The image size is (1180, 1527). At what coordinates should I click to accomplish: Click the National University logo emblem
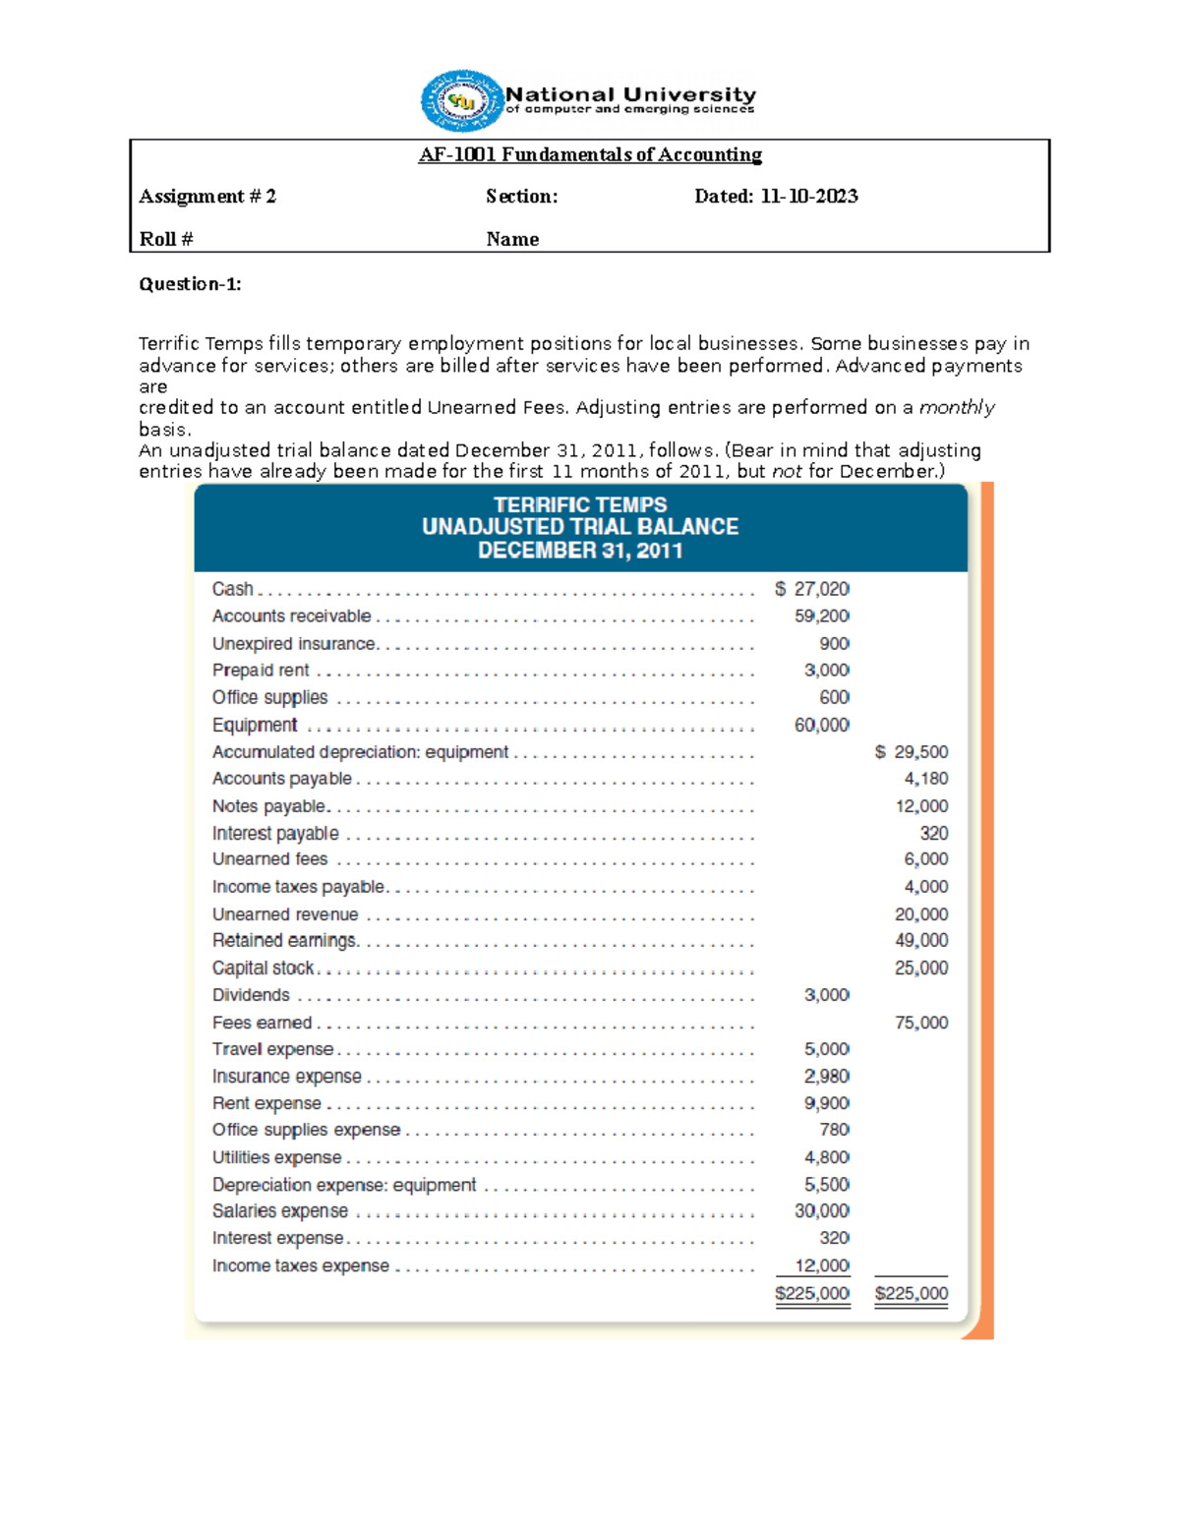click(461, 100)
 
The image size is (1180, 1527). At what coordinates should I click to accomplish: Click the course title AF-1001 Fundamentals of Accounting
click(590, 154)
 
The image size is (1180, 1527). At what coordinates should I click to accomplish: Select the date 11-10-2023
click(808, 197)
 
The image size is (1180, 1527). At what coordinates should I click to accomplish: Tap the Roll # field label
click(166, 239)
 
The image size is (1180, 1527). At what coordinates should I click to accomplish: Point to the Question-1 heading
click(190, 284)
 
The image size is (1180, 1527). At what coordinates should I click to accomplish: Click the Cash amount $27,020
click(812, 589)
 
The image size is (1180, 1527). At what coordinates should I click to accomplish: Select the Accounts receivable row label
click(291, 617)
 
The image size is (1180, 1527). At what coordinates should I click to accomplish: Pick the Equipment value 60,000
click(821, 725)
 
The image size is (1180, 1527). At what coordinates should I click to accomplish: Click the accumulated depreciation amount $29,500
click(912, 752)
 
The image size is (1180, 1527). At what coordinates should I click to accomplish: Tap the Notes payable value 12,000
click(920, 806)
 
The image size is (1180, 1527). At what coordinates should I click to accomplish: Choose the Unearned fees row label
click(269, 859)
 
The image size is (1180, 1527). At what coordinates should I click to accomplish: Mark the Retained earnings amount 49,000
click(920, 941)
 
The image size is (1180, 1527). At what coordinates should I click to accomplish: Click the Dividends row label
click(251, 995)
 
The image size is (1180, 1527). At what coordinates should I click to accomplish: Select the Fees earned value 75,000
click(920, 1023)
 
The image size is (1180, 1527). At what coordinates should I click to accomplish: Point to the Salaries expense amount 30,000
click(821, 1211)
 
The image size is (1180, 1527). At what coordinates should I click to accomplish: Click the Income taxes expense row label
click(300, 1266)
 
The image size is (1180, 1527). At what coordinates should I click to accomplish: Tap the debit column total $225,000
click(812, 1294)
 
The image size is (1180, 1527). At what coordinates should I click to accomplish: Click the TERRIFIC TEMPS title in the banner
click(580, 504)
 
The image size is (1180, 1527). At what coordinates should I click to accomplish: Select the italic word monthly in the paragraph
click(956, 408)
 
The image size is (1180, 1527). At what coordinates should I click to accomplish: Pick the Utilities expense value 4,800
click(826, 1157)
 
